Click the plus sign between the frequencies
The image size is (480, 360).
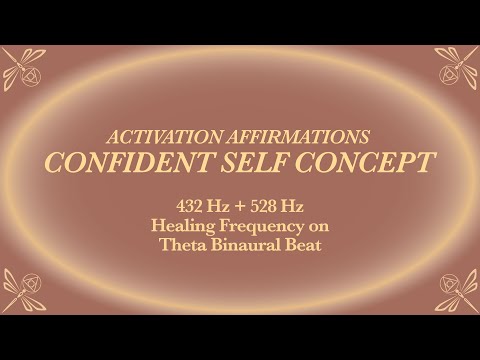(239, 208)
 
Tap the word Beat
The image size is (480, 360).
(302, 246)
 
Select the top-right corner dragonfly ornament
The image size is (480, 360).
(457, 67)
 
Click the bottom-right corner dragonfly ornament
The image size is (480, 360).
(457, 291)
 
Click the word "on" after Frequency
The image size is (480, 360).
(313, 227)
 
